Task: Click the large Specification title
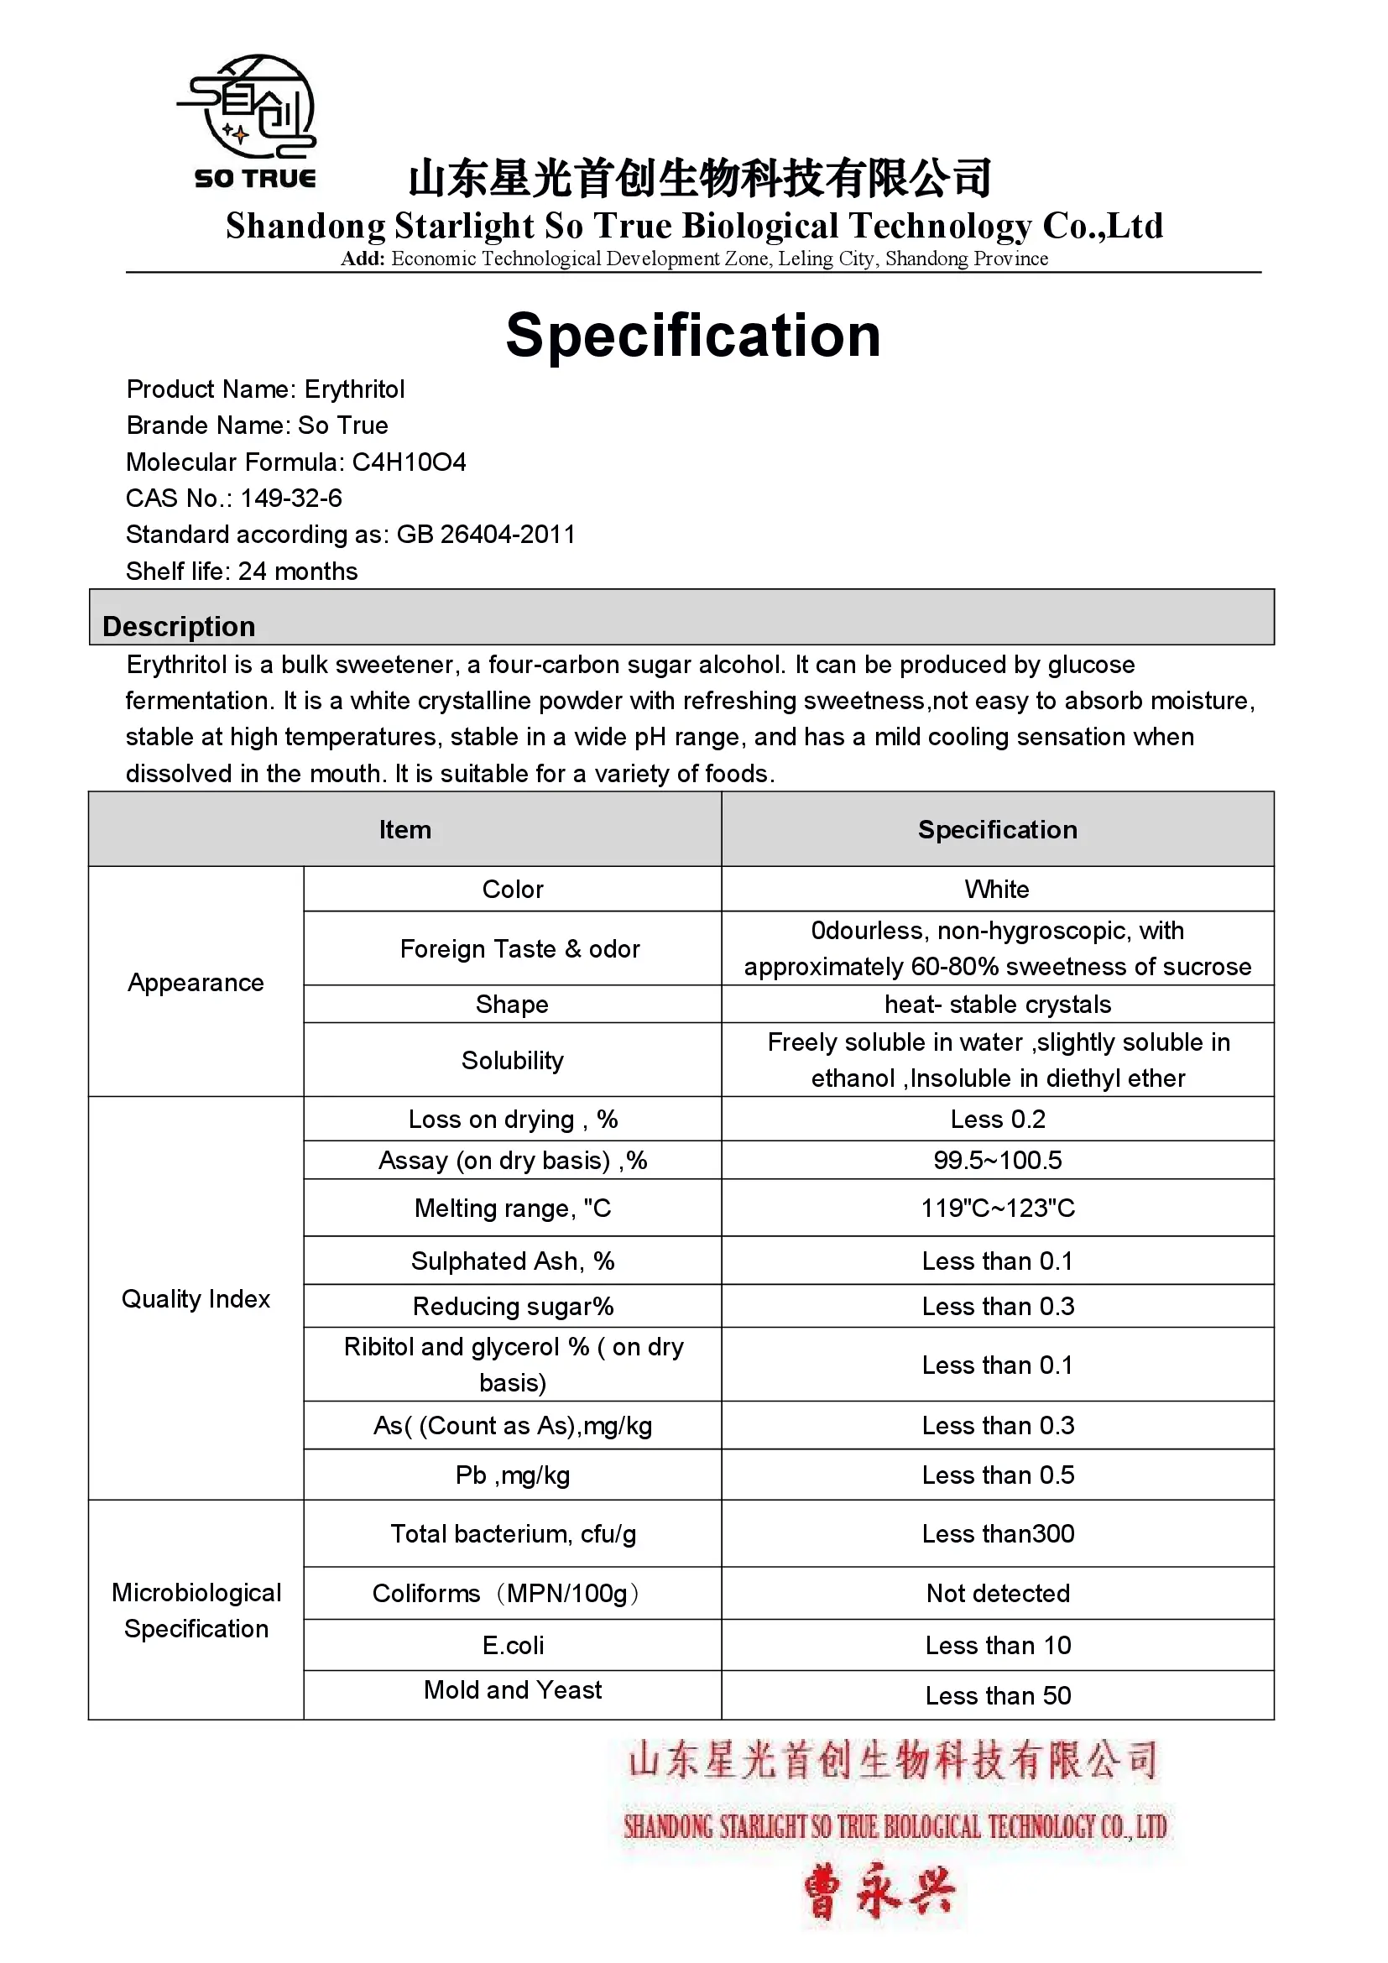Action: pyautogui.click(x=693, y=335)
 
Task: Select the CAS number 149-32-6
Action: pyautogui.click(x=290, y=499)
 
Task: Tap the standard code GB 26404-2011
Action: pyautogui.click(x=485, y=535)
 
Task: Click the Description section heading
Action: pyautogui.click(x=179, y=626)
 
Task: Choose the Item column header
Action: pyautogui.click(x=405, y=829)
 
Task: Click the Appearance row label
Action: pyautogui.click(x=196, y=983)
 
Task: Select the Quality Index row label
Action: pyautogui.click(x=196, y=1298)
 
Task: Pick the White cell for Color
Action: pyautogui.click(x=997, y=889)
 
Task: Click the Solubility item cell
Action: pyautogui.click(x=512, y=1060)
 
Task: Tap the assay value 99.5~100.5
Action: pyautogui.click(x=998, y=1160)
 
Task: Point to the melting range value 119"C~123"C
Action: pyautogui.click(x=998, y=1208)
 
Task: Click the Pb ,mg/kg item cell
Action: pyautogui.click(x=512, y=1475)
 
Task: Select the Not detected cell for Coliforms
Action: pyautogui.click(x=998, y=1593)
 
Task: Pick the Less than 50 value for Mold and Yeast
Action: pyautogui.click(x=998, y=1695)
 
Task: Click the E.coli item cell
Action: pyautogui.click(x=512, y=1645)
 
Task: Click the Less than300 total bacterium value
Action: pyautogui.click(x=998, y=1533)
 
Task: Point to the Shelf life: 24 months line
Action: pyautogui.click(x=242, y=572)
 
